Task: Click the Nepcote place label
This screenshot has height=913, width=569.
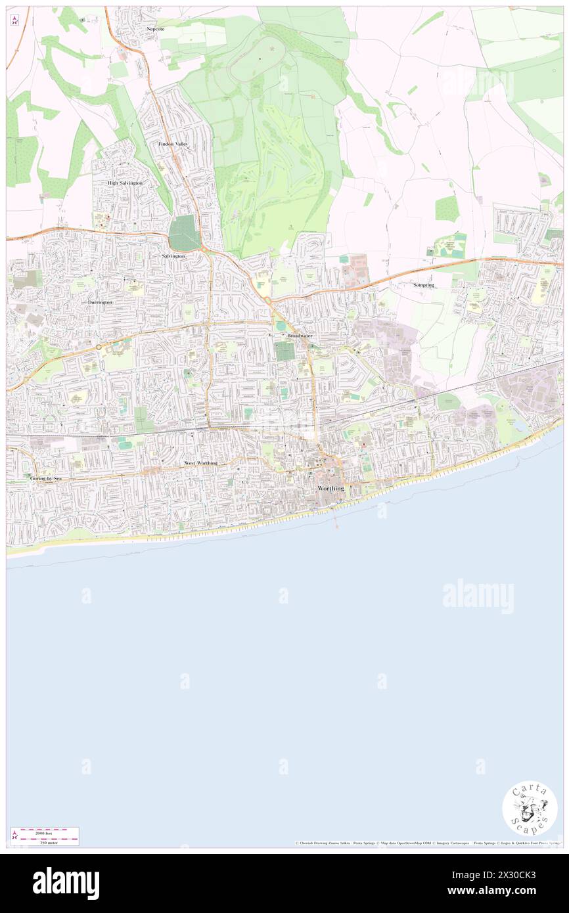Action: point(154,30)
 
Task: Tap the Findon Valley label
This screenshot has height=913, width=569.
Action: point(173,143)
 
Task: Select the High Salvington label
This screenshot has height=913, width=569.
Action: point(125,183)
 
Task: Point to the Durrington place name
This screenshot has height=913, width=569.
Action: point(101,301)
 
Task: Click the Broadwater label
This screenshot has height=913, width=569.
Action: point(300,336)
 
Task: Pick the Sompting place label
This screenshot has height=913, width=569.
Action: point(424,285)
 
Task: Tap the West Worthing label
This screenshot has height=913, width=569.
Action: point(200,463)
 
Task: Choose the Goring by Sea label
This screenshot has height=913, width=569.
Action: point(45,479)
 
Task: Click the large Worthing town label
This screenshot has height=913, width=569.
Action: point(330,489)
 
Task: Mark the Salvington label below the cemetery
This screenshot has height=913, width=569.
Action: point(173,255)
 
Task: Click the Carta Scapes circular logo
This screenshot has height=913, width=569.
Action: point(530,809)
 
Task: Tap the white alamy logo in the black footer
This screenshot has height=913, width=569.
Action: point(66,883)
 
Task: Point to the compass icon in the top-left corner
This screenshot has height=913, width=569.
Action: point(14,20)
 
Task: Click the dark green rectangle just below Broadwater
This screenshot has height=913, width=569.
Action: point(285,351)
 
